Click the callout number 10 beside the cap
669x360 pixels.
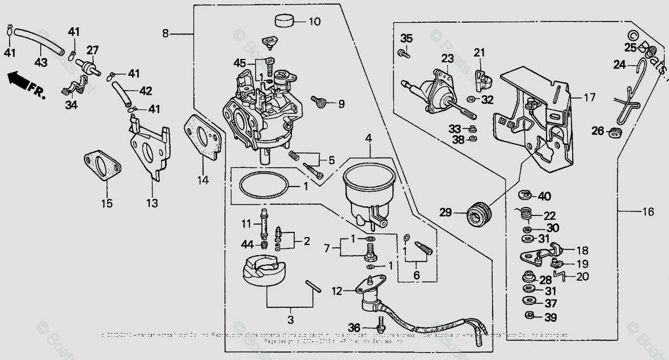click(315, 22)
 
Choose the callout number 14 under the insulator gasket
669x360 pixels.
click(203, 180)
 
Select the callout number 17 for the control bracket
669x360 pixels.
click(589, 98)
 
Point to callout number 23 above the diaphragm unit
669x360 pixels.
click(447, 58)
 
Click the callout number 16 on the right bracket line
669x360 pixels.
click(648, 211)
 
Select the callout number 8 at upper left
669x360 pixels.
click(166, 33)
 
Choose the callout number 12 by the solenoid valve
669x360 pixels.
click(337, 291)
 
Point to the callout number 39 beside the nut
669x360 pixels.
click(550, 317)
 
